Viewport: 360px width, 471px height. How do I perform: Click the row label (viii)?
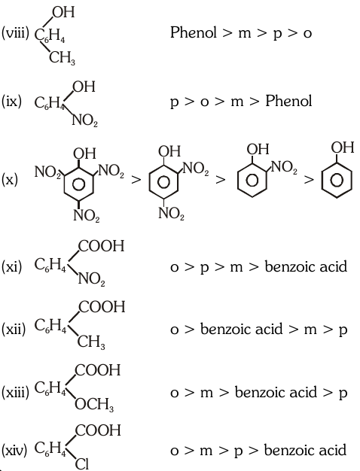(x=15, y=33)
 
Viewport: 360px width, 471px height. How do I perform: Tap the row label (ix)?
(x=11, y=102)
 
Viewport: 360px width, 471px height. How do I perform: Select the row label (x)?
(x=10, y=180)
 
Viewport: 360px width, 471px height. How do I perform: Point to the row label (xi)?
(x=12, y=266)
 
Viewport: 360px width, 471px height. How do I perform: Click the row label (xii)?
(x=14, y=330)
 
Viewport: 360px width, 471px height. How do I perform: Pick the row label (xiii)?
(x=15, y=392)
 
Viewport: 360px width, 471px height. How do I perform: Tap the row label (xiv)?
(x=14, y=450)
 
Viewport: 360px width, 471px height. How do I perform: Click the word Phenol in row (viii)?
(x=194, y=32)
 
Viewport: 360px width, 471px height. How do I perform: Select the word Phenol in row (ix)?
(x=288, y=101)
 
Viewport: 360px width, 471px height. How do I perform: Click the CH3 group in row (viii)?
(x=62, y=58)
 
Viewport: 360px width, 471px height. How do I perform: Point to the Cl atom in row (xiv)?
(x=82, y=463)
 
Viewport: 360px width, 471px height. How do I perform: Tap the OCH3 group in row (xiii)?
(x=94, y=405)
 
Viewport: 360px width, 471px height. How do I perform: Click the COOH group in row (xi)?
(x=101, y=246)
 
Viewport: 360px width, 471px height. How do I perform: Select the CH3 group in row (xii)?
(x=91, y=342)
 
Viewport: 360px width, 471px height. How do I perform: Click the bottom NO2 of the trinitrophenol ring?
(x=87, y=216)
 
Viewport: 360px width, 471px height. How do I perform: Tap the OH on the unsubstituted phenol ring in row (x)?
(x=343, y=147)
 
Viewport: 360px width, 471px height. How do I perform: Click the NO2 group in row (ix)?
(x=85, y=120)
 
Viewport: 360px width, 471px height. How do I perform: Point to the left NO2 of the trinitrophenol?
(x=47, y=172)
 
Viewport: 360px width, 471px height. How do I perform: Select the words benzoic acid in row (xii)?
(x=242, y=329)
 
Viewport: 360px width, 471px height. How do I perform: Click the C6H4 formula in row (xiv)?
(x=50, y=448)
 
